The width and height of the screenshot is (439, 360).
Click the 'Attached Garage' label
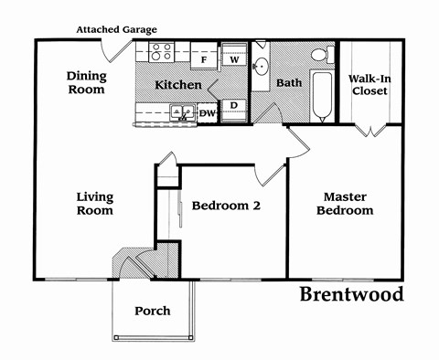click(x=117, y=29)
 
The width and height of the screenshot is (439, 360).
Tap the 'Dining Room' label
click(x=85, y=83)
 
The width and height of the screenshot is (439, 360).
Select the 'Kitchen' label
click(x=177, y=85)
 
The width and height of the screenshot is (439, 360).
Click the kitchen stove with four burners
click(x=162, y=52)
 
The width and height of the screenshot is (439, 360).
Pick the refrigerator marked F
click(x=204, y=58)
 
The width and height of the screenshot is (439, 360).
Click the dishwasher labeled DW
click(x=208, y=113)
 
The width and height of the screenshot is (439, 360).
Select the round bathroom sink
click(x=262, y=66)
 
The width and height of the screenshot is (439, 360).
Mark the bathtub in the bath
click(x=322, y=98)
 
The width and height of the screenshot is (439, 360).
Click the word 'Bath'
click(x=289, y=83)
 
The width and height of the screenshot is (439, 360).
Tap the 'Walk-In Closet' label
click(x=371, y=83)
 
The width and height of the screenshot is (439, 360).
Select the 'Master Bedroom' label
click(x=345, y=203)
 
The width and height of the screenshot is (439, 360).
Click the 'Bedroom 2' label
click(x=226, y=206)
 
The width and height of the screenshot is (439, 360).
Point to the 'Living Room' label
click(x=94, y=203)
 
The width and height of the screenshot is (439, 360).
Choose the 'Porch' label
click(x=152, y=311)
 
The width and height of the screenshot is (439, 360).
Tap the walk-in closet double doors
click(x=371, y=129)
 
